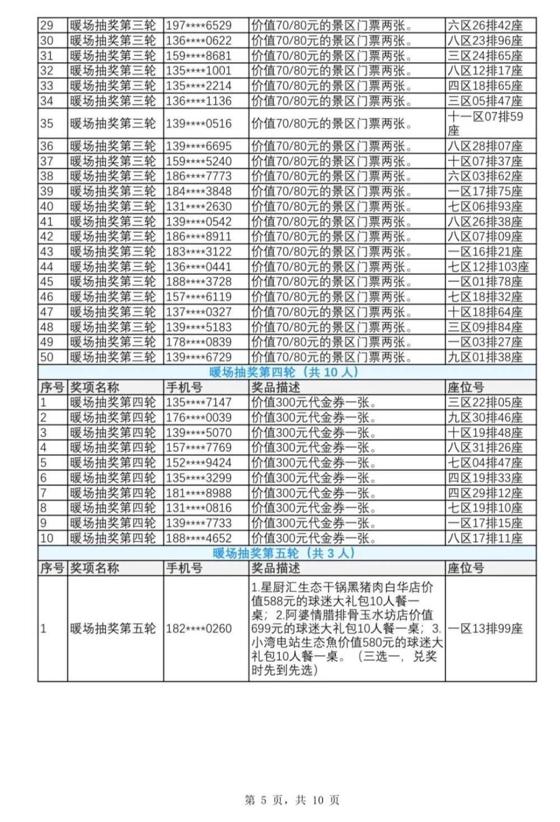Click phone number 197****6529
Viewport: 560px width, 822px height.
[199, 26]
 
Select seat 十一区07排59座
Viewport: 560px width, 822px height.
[485, 123]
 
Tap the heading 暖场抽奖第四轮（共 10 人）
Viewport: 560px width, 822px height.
[284, 372]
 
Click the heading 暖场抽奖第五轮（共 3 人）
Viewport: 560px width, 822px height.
[284, 553]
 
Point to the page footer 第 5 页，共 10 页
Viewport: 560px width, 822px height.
[292, 800]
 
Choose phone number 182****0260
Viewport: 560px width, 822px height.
[199, 629]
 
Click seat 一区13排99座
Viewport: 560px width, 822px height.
[485, 629]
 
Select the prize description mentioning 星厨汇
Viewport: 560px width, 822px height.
[346, 629]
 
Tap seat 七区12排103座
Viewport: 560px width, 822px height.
[488, 267]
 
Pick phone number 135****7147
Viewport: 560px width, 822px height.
[199, 403]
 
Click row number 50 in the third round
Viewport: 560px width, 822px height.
[47, 357]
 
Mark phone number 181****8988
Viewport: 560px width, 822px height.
[199, 493]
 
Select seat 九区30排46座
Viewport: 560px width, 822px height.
[485, 418]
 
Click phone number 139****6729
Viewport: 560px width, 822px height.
[199, 357]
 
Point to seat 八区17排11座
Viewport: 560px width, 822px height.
[485, 539]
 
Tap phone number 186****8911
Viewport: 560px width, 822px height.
[199, 237]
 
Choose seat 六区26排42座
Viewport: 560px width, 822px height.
[485, 26]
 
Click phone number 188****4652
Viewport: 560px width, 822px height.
[199, 539]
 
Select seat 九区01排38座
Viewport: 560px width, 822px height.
[485, 357]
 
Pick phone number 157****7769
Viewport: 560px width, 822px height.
[199, 448]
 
